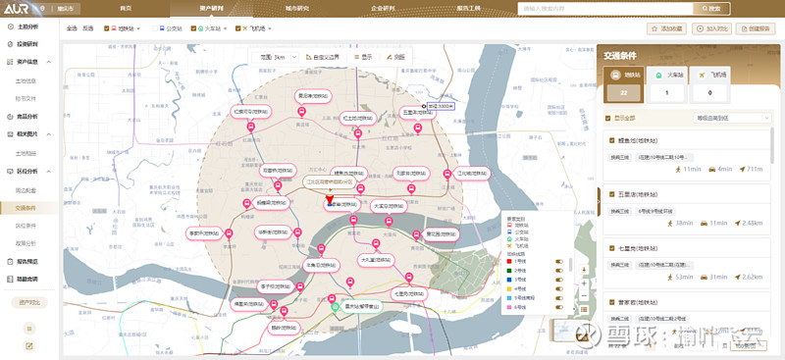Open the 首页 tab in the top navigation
pos(126,8)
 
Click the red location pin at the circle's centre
pos(329,201)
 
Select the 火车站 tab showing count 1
pos(668,85)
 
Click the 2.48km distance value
pos(752,223)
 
